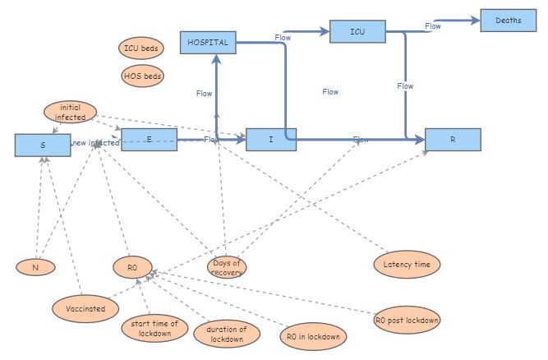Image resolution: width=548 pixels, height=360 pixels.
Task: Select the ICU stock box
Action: point(357,32)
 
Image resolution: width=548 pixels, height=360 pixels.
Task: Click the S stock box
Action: point(43,145)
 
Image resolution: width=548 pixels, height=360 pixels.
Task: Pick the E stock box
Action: point(149,140)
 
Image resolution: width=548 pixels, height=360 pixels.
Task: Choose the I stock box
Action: point(271,140)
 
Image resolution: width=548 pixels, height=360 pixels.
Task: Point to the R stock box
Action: point(453,140)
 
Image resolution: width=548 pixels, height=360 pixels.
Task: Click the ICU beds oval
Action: point(141,48)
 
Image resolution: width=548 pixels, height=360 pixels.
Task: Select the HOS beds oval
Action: point(142,76)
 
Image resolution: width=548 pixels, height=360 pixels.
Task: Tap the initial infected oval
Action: point(70,112)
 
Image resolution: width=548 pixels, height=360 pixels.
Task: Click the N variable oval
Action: point(35,267)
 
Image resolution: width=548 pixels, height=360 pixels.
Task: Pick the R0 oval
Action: point(133,267)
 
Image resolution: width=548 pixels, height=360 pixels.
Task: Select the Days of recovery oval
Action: point(227,267)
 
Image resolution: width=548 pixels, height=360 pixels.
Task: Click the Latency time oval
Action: point(407,264)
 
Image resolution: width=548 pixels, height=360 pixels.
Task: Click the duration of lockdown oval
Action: point(227,333)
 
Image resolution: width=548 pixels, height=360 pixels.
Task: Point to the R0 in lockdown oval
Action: point(313,335)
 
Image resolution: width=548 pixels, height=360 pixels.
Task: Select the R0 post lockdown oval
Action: point(407,320)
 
